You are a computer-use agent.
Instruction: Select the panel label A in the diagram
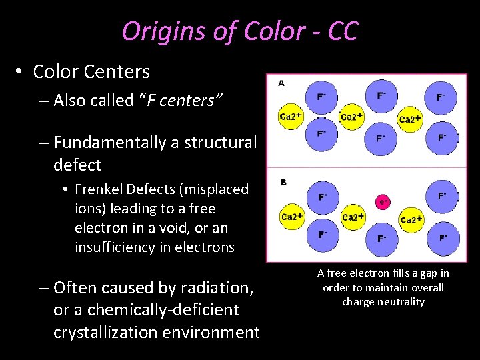point(281,83)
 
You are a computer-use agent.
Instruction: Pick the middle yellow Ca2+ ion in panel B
point(353,217)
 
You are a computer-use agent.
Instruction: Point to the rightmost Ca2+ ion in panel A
point(411,119)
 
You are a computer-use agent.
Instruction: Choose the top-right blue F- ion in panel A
point(441,97)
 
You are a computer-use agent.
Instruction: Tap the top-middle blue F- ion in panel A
point(381,96)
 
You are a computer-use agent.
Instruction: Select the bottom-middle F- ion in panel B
point(381,238)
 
